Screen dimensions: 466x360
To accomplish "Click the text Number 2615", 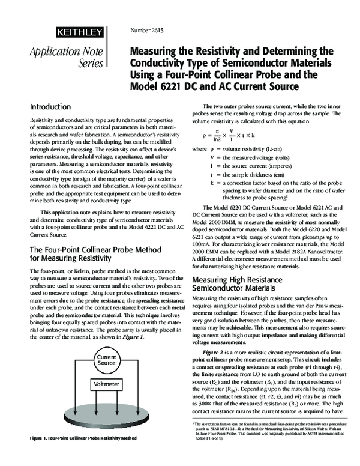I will (x=147, y=31).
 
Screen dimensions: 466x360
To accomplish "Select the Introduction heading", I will (x=50, y=107).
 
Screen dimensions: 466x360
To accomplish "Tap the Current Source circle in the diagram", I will (x=106, y=361).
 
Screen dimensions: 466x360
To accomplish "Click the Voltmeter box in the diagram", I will (x=106, y=383).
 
